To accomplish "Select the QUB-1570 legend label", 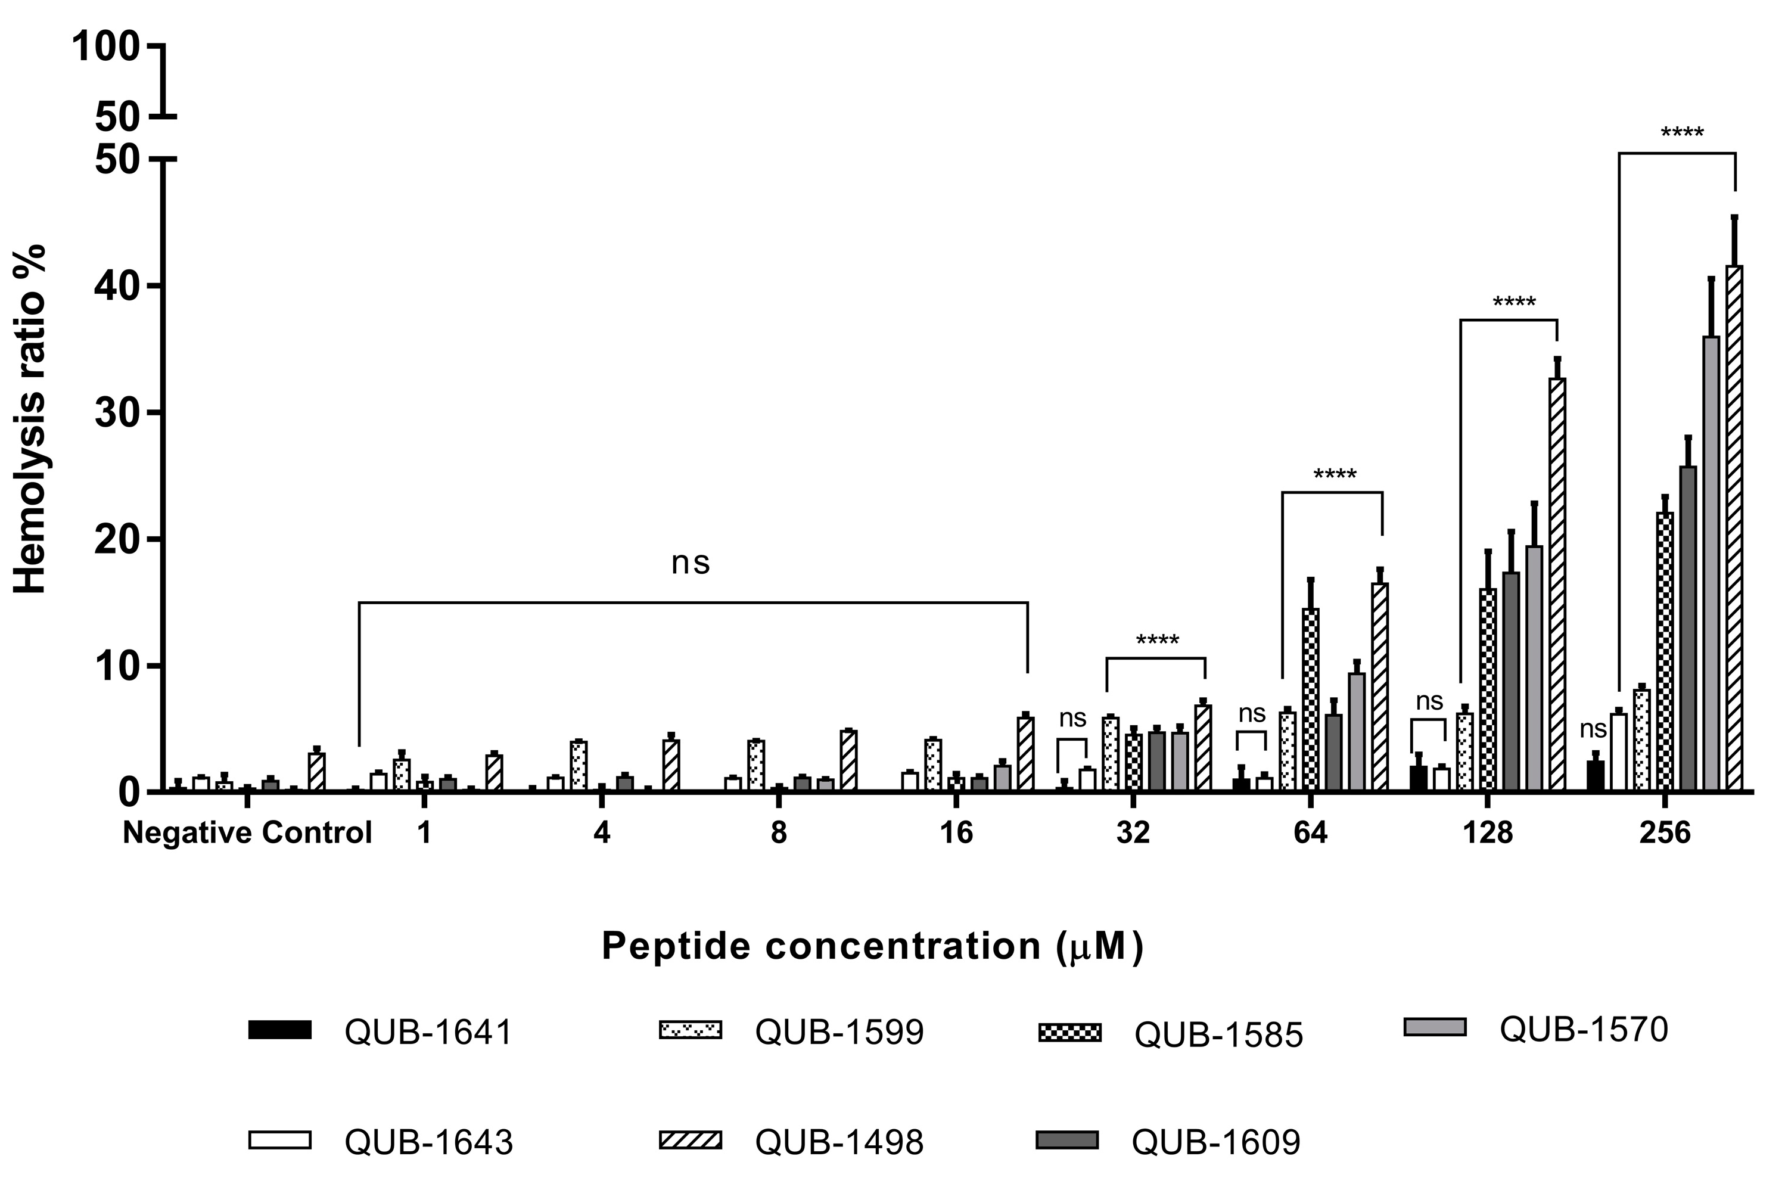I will pos(1584,1030).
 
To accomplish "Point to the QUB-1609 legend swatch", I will pos(1068,1140).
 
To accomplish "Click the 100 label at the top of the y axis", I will pos(105,48).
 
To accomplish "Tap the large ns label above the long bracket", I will pos(690,563).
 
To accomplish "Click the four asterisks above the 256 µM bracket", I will pos(1681,134).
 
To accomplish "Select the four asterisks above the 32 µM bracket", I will pos(1157,641).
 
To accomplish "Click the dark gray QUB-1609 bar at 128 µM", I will pos(1510,681).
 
